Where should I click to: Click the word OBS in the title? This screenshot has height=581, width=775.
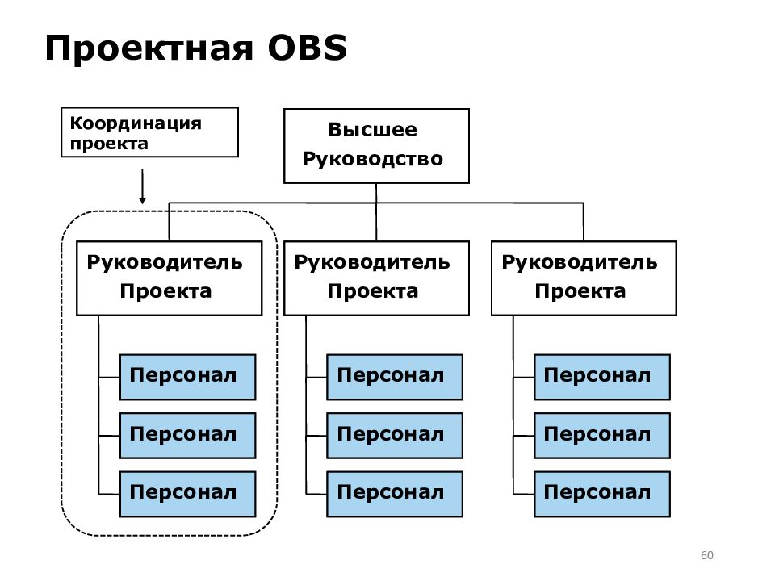[307, 48]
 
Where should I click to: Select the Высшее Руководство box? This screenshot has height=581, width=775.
[376, 146]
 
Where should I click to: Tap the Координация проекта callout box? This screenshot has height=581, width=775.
[149, 132]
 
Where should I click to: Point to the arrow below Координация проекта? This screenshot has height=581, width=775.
[142, 186]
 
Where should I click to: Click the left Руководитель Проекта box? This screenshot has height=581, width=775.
[169, 278]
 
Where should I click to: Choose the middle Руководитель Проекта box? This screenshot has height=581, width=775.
[376, 278]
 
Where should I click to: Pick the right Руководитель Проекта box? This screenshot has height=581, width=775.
[584, 278]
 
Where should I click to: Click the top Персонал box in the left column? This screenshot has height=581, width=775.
[188, 377]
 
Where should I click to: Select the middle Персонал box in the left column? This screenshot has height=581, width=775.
[188, 436]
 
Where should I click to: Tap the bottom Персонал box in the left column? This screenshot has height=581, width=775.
[188, 494]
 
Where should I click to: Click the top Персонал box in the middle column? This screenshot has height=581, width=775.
[395, 377]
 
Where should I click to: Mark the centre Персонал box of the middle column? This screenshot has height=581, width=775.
[395, 436]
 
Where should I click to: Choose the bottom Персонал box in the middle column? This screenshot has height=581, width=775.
[395, 494]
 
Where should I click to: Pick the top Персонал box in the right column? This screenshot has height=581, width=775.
[602, 377]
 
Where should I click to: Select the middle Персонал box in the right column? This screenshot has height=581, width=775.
[602, 436]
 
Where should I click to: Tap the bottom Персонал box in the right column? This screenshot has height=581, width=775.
[602, 494]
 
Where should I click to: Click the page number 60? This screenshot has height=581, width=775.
[707, 555]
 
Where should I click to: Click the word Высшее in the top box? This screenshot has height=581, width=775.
[373, 130]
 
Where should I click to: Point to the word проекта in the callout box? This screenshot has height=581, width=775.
[109, 144]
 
